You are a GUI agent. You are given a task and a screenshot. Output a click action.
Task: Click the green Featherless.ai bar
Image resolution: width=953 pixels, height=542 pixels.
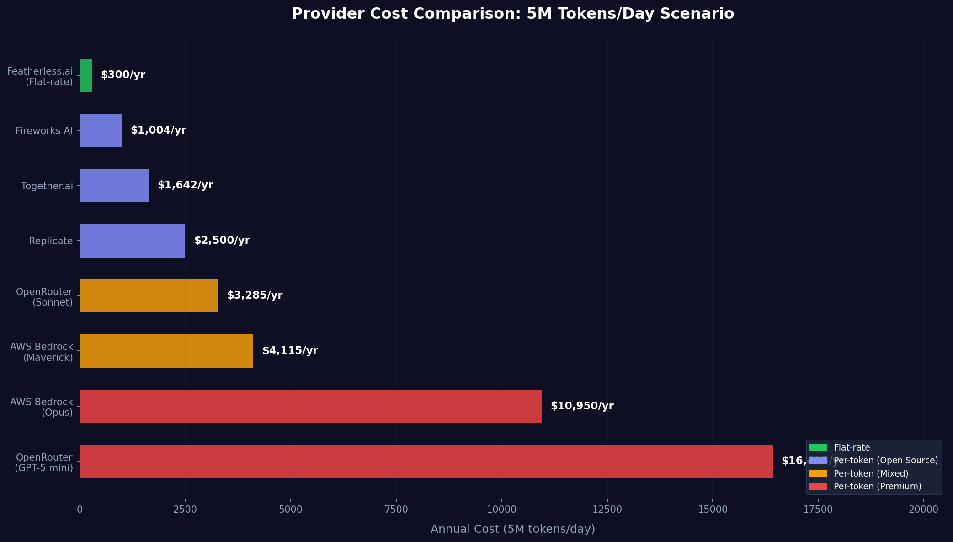click(x=86, y=75)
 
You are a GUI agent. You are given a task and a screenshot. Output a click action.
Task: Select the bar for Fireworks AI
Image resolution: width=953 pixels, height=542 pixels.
click(x=101, y=130)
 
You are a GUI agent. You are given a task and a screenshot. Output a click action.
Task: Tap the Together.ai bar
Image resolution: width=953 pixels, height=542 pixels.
click(x=114, y=186)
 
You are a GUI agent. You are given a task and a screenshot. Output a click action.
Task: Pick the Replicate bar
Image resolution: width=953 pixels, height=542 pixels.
click(x=133, y=241)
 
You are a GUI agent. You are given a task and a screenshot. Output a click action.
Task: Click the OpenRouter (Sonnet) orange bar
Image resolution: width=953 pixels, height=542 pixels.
click(x=149, y=296)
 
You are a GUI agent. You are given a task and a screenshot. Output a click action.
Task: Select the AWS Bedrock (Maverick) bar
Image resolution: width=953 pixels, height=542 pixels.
click(x=166, y=351)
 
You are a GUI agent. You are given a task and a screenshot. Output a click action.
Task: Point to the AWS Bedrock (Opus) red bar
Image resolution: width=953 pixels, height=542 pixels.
click(x=311, y=406)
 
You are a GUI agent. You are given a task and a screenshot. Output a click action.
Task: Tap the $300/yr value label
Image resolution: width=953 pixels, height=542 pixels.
click(x=123, y=75)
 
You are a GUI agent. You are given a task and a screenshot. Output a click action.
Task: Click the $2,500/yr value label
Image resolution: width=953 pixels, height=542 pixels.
click(x=222, y=241)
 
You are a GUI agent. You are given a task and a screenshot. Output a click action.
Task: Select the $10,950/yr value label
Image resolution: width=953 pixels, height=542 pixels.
click(x=582, y=406)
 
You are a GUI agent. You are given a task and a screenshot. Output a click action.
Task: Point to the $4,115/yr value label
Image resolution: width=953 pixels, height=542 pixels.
click(x=290, y=351)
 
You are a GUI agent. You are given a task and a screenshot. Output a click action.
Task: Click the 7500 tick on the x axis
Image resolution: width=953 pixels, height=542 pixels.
click(x=396, y=510)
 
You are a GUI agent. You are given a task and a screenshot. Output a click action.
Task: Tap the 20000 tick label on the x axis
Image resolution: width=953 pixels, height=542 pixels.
click(x=923, y=510)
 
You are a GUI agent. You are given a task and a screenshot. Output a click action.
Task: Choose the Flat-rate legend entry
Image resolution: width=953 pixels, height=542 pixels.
click(x=852, y=448)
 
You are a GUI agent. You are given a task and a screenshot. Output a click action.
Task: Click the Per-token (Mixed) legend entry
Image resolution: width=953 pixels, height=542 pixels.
click(x=871, y=473)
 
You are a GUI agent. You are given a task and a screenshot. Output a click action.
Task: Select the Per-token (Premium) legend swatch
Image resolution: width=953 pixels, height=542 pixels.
click(x=818, y=486)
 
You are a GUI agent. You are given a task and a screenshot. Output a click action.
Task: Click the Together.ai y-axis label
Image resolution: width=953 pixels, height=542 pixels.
click(x=47, y=186)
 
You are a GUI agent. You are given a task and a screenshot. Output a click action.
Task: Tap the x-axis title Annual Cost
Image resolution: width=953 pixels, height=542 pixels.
click(x=512, y=529)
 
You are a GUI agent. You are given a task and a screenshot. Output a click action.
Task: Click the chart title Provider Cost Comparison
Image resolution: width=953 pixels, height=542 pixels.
click(x=512, y=14)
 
